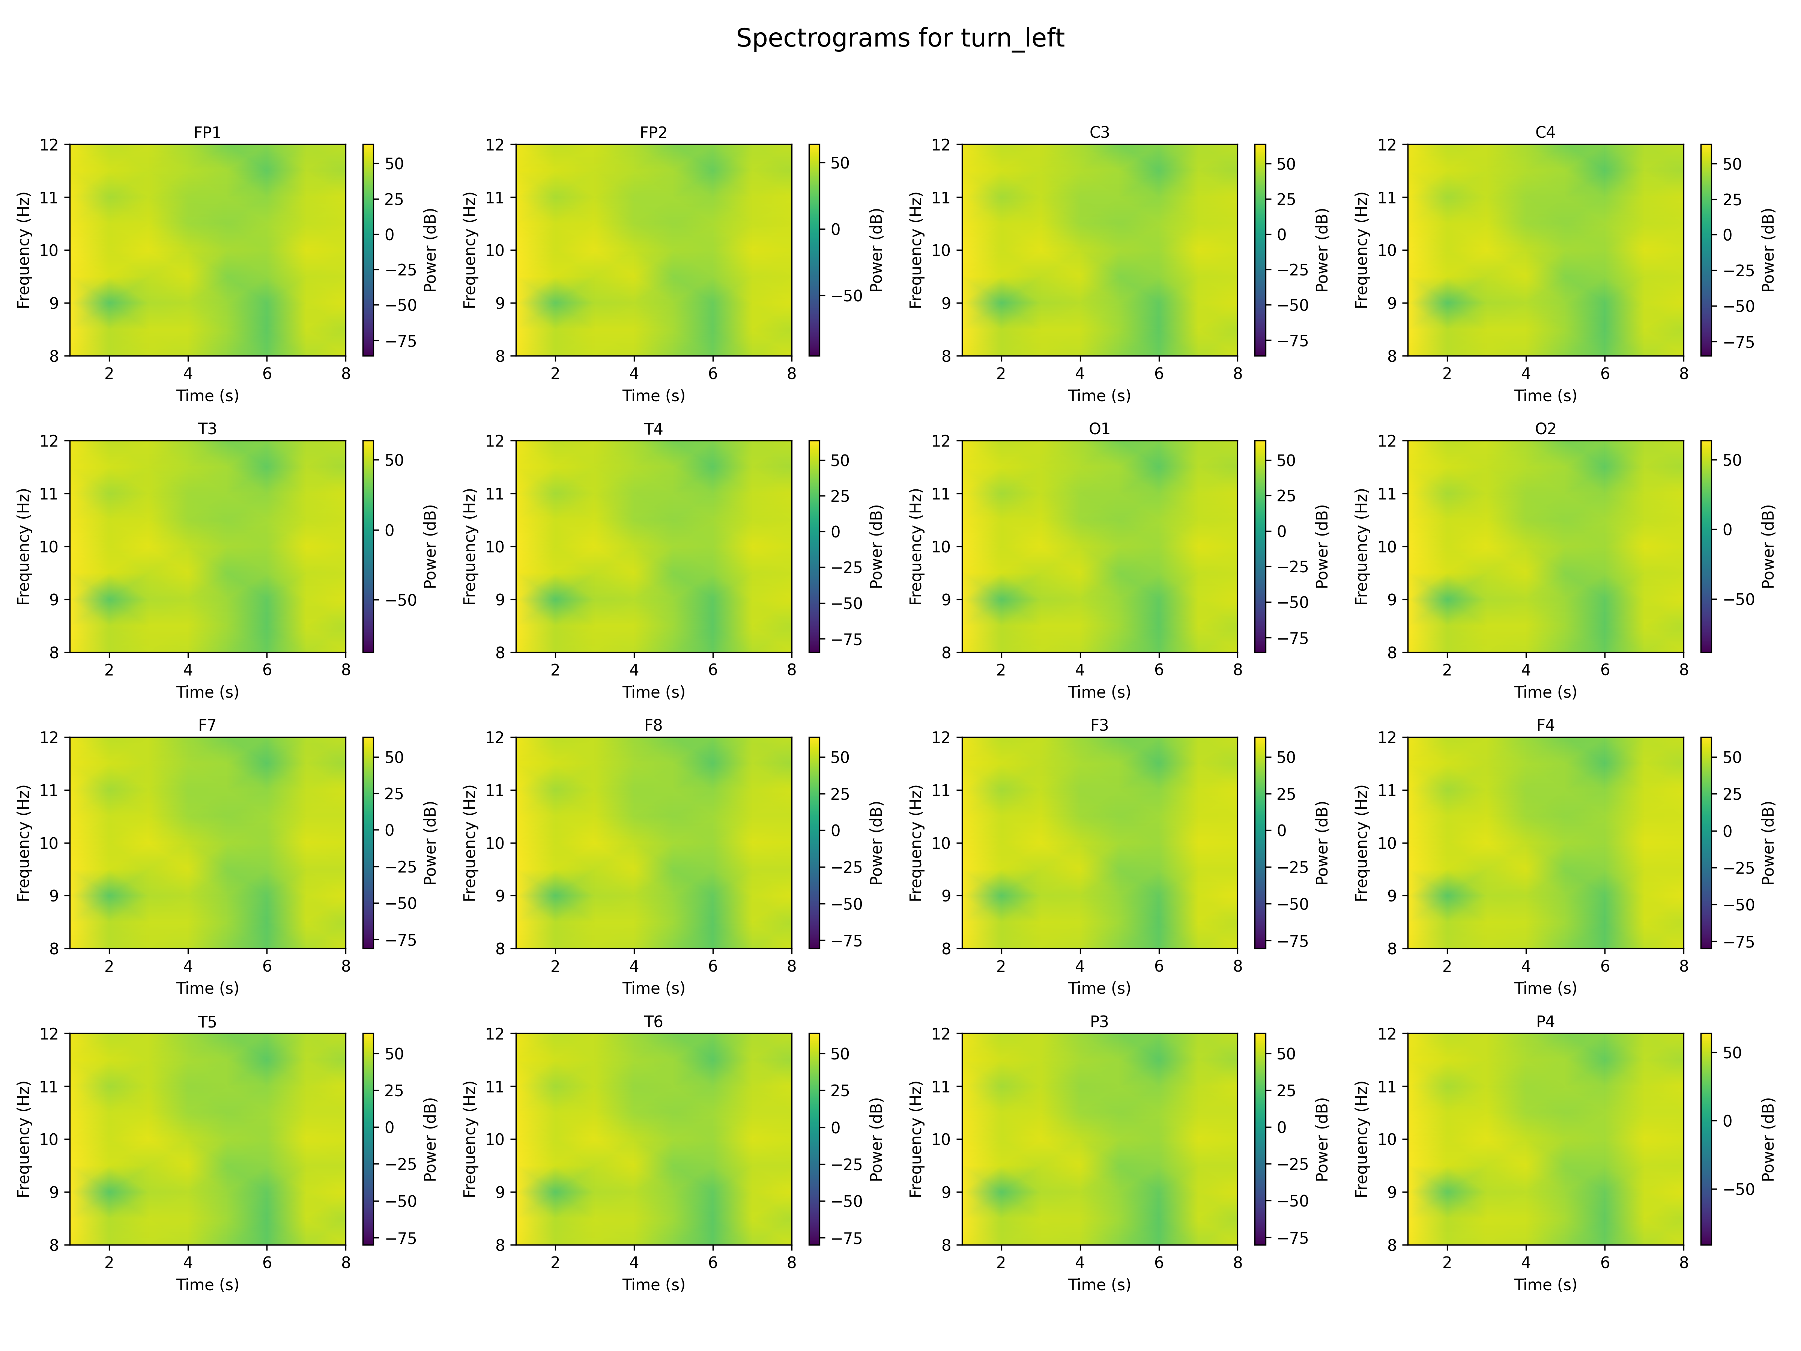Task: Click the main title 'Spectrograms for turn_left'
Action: click(x=900, y=38)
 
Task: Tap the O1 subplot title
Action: click(x=1099, y=428)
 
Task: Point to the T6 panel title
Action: click(x=653, y=1021)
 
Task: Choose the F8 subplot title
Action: click(x=653, y=725)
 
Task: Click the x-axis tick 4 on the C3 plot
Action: click(x=1079, y=374)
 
